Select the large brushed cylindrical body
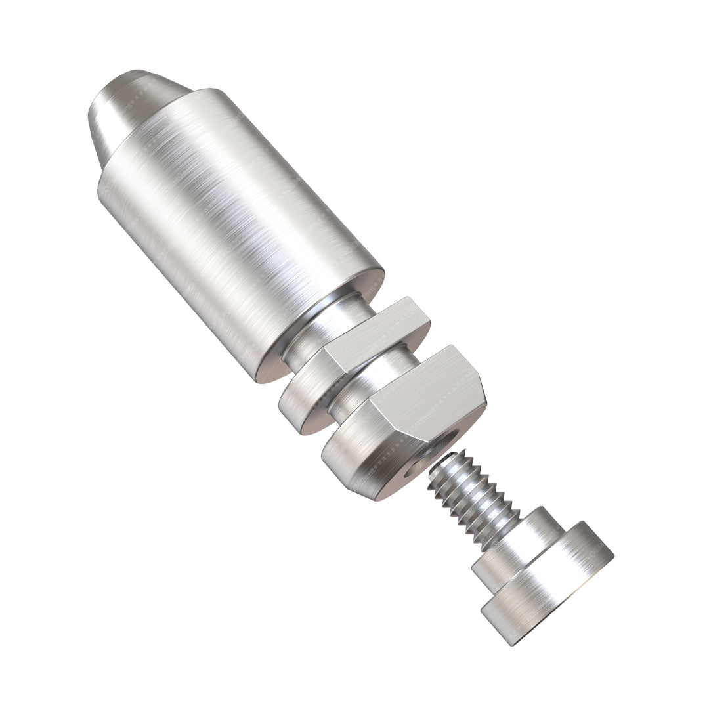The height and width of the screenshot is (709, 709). tap(236, 217)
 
